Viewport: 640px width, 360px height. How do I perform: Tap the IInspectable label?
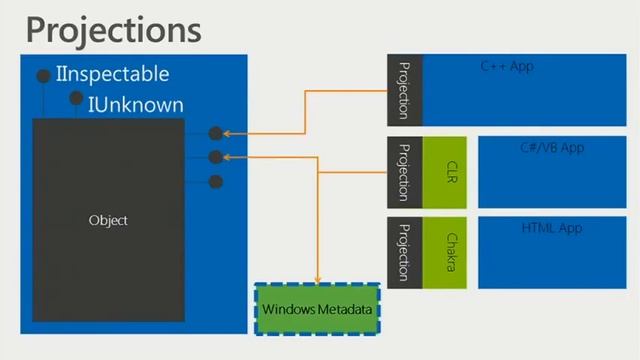pos(113,74)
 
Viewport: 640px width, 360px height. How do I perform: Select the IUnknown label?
pos(135,103)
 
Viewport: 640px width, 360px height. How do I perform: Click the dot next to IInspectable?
pos(43,76)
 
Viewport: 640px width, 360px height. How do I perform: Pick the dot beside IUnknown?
pos(76,98)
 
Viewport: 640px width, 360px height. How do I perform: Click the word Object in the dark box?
pos(108,220)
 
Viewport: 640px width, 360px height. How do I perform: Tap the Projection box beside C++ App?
pos(404,89)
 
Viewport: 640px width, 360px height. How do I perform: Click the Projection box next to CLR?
pos(404,172)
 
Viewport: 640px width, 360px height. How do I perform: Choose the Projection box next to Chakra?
pos(404,250)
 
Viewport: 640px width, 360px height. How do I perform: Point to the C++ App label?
pos(507,66)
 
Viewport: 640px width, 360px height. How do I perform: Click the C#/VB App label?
pos(551,147)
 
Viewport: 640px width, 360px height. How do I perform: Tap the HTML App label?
pos(551,228)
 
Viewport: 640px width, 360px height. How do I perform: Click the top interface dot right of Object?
pos(215,133)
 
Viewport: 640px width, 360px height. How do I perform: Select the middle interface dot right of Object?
pos(215,157)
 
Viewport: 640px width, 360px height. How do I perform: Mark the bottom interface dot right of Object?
pos(215,181)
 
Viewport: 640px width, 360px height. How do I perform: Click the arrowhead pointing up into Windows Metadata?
pos(318,281)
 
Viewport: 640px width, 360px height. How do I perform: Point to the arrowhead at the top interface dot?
pos(229,133)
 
